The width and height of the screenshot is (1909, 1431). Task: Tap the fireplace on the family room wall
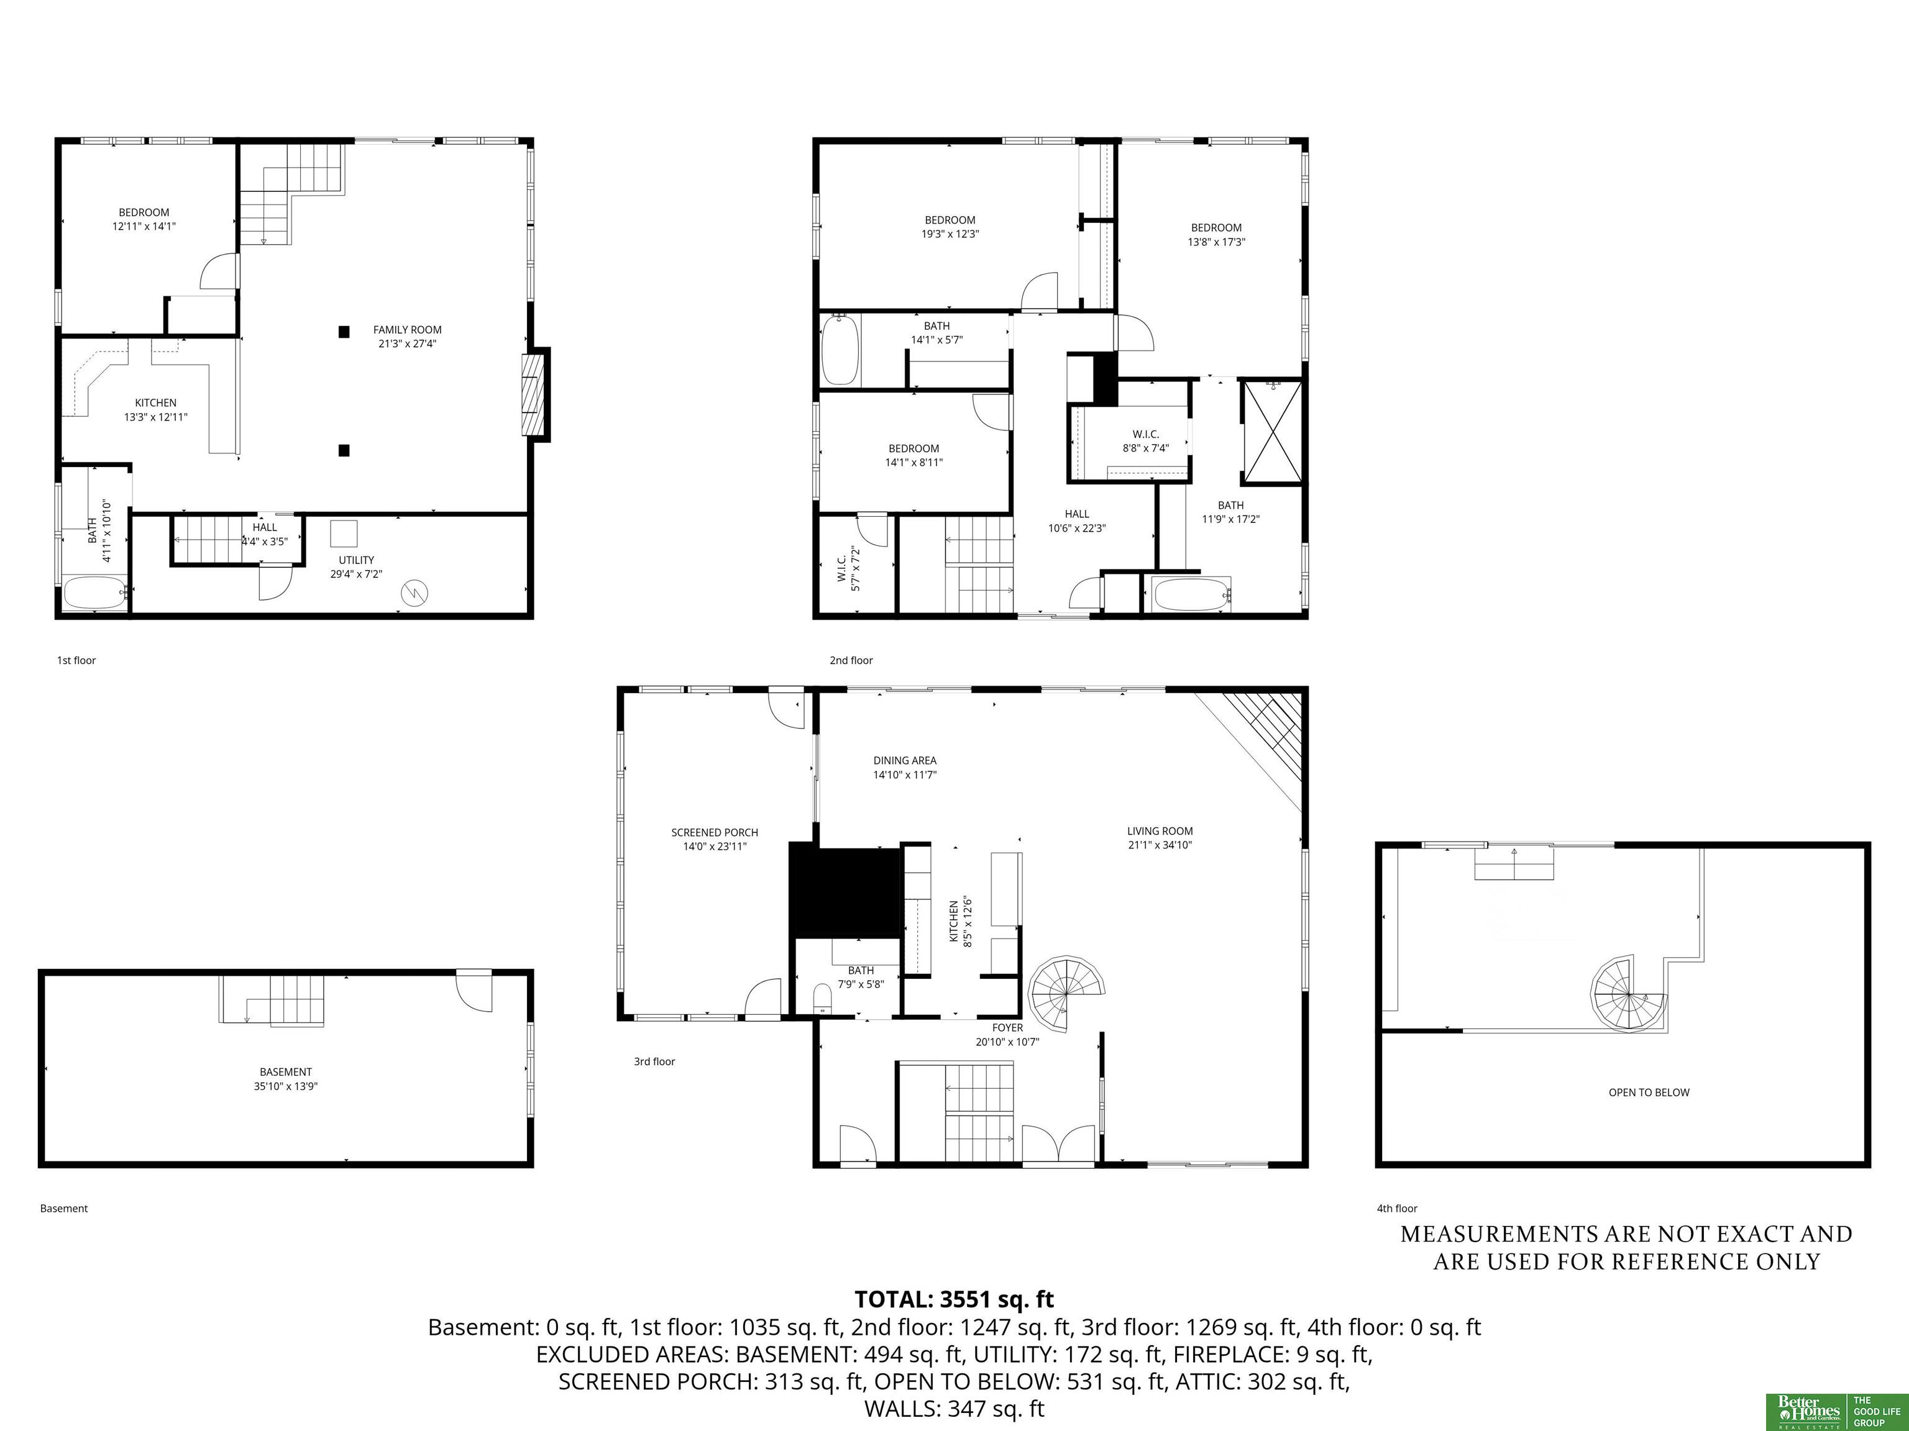click(x=535, y=394)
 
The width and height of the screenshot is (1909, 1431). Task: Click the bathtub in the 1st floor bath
click(x=96, y=593)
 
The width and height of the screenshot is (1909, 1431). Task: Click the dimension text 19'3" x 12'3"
click(x=950, y=234)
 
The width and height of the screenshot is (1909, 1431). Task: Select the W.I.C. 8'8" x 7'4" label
click(x=1145, y=441)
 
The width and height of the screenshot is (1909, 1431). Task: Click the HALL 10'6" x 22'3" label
click(x=1077, y=521)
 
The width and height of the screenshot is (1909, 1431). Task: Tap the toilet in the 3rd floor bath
click(x=823, y=999)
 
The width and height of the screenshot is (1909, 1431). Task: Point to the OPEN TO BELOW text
click(x=1649, y=1092)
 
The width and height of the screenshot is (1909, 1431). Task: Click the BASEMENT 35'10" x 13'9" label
click(x=286, y=1079)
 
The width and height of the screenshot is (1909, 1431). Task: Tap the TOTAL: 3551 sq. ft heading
click(x=954, y=1299)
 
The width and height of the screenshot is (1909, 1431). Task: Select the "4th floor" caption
click(x=1397, y=1209)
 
